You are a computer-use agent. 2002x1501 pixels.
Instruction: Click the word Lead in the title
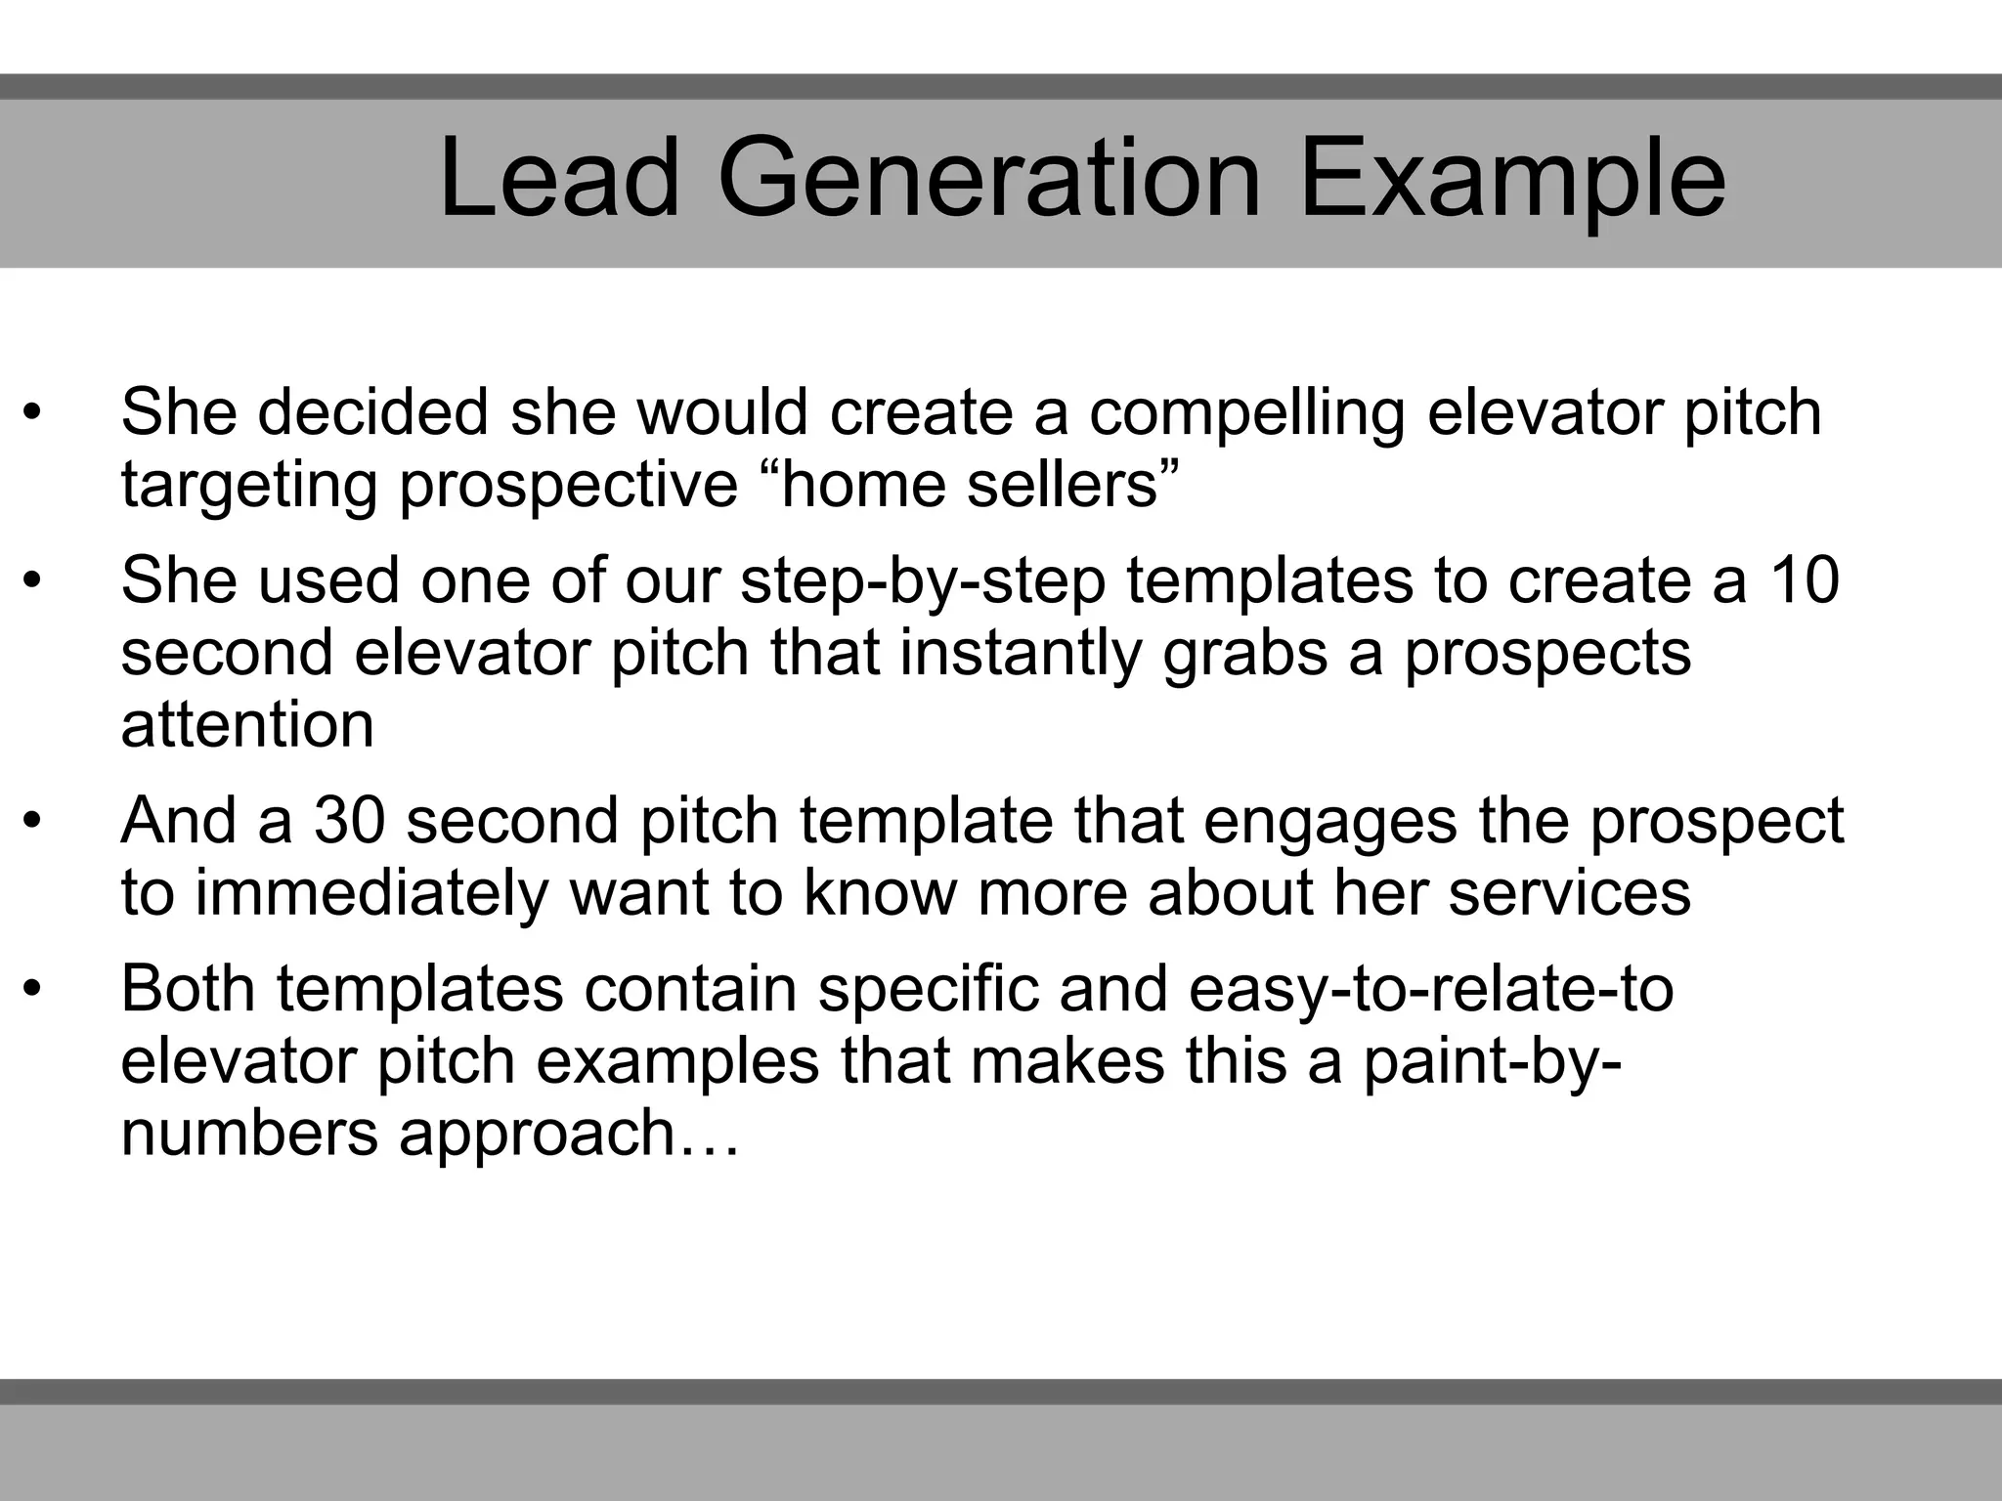(558, 179)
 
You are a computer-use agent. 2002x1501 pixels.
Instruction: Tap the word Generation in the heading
(989, 179)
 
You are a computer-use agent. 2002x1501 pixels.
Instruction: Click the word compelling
(1246, 414)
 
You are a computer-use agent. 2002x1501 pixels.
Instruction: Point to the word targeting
(248, 487)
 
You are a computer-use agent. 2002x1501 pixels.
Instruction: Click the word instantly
(1020, 653)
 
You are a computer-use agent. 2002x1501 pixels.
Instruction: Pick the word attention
(247, 725)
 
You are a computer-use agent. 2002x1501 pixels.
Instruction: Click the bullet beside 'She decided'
(32, 412)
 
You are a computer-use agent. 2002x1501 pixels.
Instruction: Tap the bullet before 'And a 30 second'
(32, 821)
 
